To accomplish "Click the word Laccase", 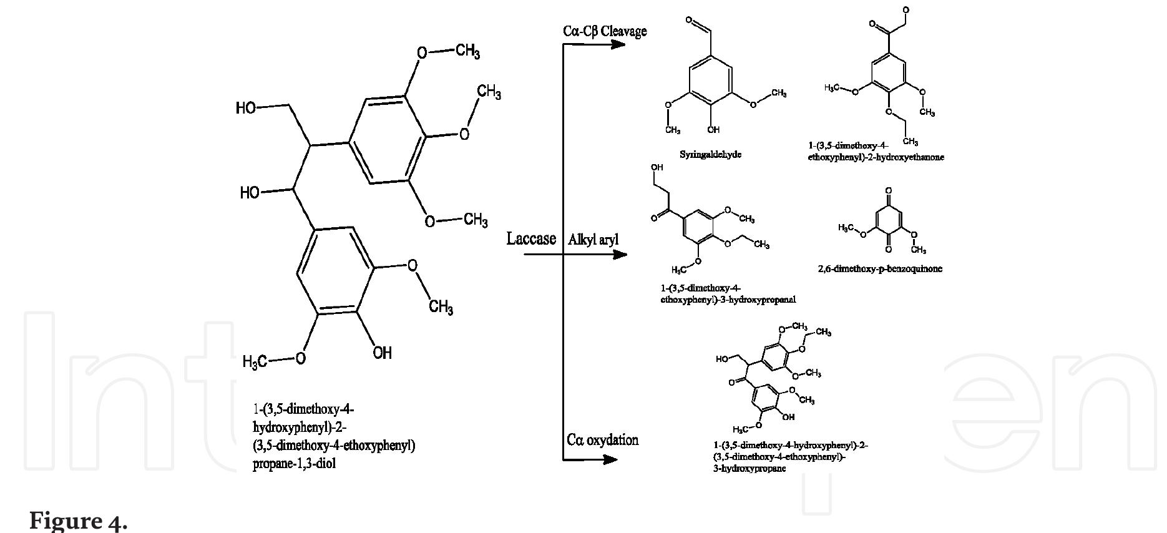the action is pyautogui.click(x=531, y=239).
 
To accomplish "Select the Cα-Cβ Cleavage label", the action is pyautogui.click(x=605, y=31).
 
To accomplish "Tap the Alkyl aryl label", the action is pyautogui.click(x=593, y=240).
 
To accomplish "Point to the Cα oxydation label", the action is pyautogui.click(x=603, y=440).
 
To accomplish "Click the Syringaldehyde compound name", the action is pyautogui.click(x=710, y=154).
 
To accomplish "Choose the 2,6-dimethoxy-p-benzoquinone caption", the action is pyautogui.click(x=880, y=269).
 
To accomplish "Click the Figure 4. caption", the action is pyautogui.click(x=79, y=521).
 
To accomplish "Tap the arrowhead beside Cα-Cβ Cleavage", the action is pyautogui.click(x=618, y=44).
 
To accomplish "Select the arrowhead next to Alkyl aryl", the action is pyautogui.click(x=620, y=255).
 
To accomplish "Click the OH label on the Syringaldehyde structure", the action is pyautogui.click(x=713, y=130).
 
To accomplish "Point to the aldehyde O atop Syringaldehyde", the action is pyautogui.click(x=689, y=21).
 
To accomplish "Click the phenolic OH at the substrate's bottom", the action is pyautogui.click(x=383, y=353).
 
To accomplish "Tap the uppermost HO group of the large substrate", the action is pyautogui.click(x=246, y=108).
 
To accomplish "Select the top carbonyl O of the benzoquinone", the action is pyautogui.click(x=889, y=190).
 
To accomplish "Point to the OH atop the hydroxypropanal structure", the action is pyautogui.click(x=657, y=168).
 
